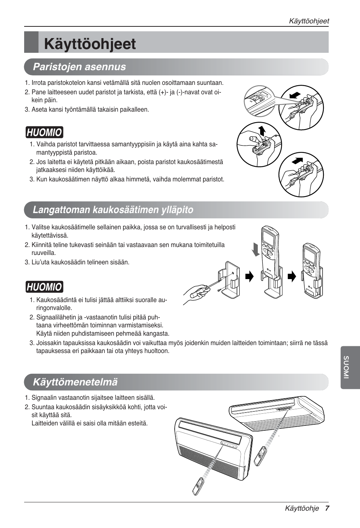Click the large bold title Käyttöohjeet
tap(90, 44)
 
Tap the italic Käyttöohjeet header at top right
tap(309, 21)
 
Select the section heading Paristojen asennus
tap(79, 67)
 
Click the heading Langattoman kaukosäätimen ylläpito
tap(113, 210)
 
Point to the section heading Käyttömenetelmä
tap(75, 382)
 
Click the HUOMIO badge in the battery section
tap(45, 132)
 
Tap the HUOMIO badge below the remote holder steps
tap(45, 287)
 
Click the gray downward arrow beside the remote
tap(256, 249)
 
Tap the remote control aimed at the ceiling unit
tap(260, 456)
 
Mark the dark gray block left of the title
tap(31, 42)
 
